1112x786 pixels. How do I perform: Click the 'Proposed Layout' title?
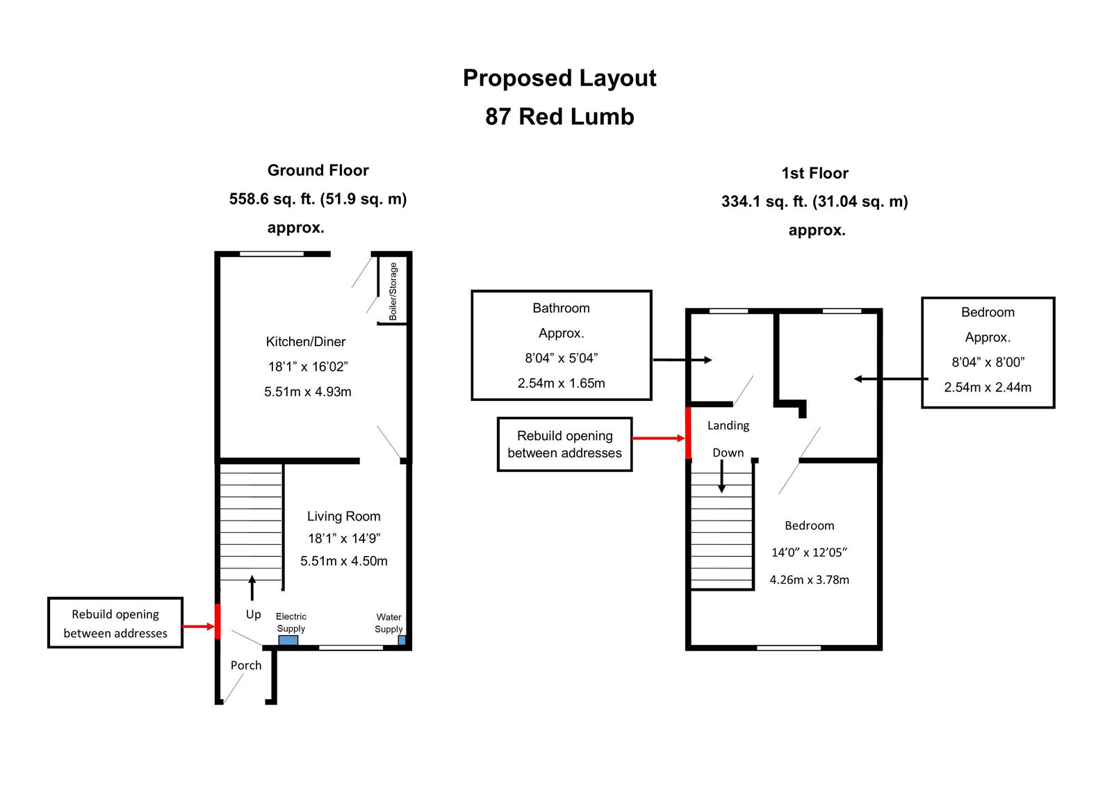pyautogui.click(x=559, y=78)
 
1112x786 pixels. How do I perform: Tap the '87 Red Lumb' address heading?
pyautogui.click(x=559, y=116)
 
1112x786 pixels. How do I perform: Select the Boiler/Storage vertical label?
pyautogui.click(x=393, y=291)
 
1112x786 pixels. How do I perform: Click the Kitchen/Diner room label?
pyautogui.click(x=305, y=341)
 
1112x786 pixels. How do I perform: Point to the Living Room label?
pyautogui.click(x=343, y=516)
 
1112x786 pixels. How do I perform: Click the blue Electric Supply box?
pyautogui.click(x=288, y=640)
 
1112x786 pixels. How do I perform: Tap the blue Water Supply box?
pyautogui.click(x=401, y=640)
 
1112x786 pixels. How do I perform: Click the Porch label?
pyautogui.click(x=246, y=665)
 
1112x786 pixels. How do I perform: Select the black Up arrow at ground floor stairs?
pyautogui.click(x=252, y=587)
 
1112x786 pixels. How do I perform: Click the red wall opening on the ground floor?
pyautogui.click(x=217, y=621)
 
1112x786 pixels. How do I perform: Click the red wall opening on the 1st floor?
pyautogui.click(x=688, y=433)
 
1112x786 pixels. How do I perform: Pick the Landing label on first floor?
pyautogui.click(x=728, y=425)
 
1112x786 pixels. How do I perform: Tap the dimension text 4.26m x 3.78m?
pyautogui.click(x=809, y=580)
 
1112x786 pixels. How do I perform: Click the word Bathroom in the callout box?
pyautogui.click(x=561, y=308)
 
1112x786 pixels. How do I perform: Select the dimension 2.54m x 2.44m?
pyautogui.click(x=987, y=387)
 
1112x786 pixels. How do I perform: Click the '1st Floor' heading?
pyautogui.click(x=815, y=173)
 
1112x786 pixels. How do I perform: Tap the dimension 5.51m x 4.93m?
pyautogui.click(x=307, y=391)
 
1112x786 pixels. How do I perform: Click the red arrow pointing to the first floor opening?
pyautogui.click(x=657, y=439)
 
